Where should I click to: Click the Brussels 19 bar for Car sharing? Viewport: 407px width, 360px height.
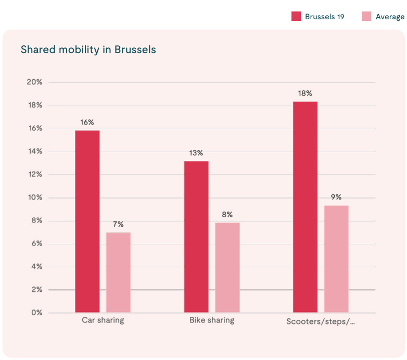click(x=87, y=221)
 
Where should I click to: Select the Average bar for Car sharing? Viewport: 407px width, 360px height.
click(x=118, y=272)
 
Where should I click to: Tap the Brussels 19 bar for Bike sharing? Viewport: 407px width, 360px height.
click(x=196, y=237)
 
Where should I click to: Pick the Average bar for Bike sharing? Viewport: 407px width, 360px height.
click(x=227, y=268)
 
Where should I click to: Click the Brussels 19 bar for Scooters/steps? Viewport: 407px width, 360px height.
click(x=305, y=207)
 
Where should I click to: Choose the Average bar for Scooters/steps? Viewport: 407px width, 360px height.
click(x=336, y=259)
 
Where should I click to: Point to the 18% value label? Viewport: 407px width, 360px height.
click(x=305, y=94)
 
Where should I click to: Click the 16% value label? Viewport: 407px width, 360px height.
click(x=87, y=122)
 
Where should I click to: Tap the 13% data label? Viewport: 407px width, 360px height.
click(x=196, y=153)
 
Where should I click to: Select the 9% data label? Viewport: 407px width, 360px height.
click(x=336, y=197)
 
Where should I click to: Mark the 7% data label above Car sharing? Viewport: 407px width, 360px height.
click(x=118, y=225)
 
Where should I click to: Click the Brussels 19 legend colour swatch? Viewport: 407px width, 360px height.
click(x=296, y=17)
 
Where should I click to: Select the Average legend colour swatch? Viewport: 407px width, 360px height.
click(x=366, y=17)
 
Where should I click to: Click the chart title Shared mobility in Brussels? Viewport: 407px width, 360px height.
click(x=88, y=50)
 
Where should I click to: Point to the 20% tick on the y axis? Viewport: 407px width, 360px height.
click(x=34, y=82)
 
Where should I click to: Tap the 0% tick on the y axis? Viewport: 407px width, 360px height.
click(x=36, y=313)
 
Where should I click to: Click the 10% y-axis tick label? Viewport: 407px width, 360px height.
click(x=34, y=197)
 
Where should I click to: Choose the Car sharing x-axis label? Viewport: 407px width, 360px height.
click(x=103, y=320)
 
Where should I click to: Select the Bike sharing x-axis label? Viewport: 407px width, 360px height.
click(x=212, y=320)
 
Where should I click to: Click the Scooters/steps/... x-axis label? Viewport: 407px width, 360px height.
click(x=321, y=321)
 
